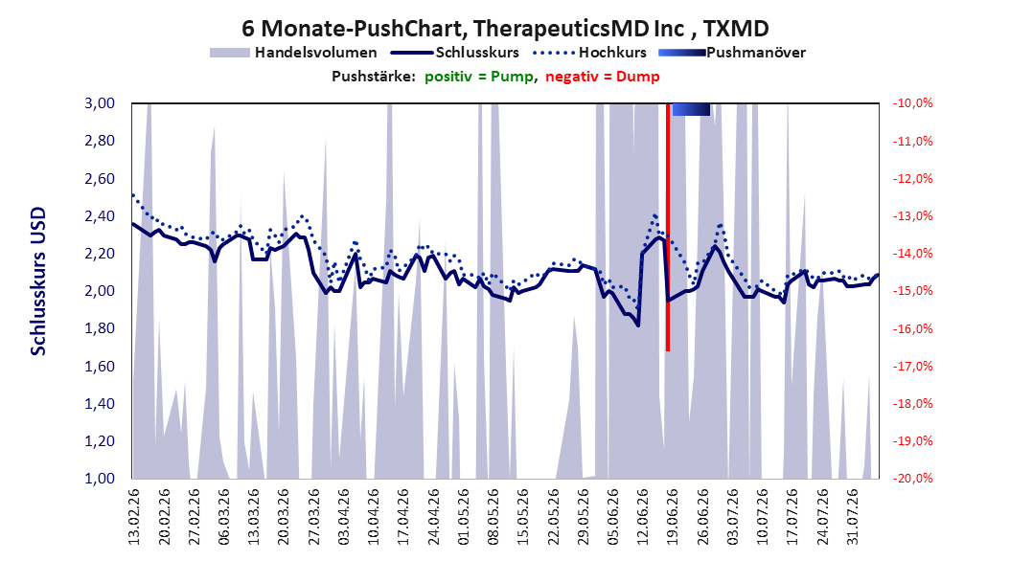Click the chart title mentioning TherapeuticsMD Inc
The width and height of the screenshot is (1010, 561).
pyautogui.click(x=505, y=29)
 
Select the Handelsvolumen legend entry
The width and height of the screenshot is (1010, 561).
pyautogui.click(x=294, y=53)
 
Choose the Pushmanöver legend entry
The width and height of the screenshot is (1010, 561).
pyautogui.click(x=732, y=53)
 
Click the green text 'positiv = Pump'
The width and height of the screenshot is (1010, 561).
pyautogui.click(x=478, y=77)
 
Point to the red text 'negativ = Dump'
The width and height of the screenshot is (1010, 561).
pyautogui.click(x=603, y=77)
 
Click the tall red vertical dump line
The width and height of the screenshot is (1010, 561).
pyautogui.click(x=668, y=227)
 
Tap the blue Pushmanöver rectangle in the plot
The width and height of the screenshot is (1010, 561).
pyautogui.click(x=691, y=109)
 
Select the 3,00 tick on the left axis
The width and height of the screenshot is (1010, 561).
pyautogui.click(x=100, y=103)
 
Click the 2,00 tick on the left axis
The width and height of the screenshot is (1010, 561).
pyautogui.click(x=100, y=291)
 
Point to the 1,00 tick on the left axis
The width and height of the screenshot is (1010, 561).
pyautogui.click(x=100, y=478)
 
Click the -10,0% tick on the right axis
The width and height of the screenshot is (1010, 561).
pyautogui.click(x=912, y=103)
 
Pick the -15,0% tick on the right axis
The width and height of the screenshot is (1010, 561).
pyautogui.click(x=912, y=291)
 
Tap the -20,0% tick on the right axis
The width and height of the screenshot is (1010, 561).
pyautogui.click(x=912, y=478)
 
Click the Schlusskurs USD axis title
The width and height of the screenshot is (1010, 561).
pyautogui.click(x=38, y=281)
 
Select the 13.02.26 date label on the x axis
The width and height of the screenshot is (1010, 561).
pyautogui.click(x=134, y=517)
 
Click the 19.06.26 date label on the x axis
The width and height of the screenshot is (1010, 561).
pyautogui.click(x=672, y=517)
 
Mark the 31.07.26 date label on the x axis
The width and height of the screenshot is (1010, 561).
pyautogui.click(x=852, y=517)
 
